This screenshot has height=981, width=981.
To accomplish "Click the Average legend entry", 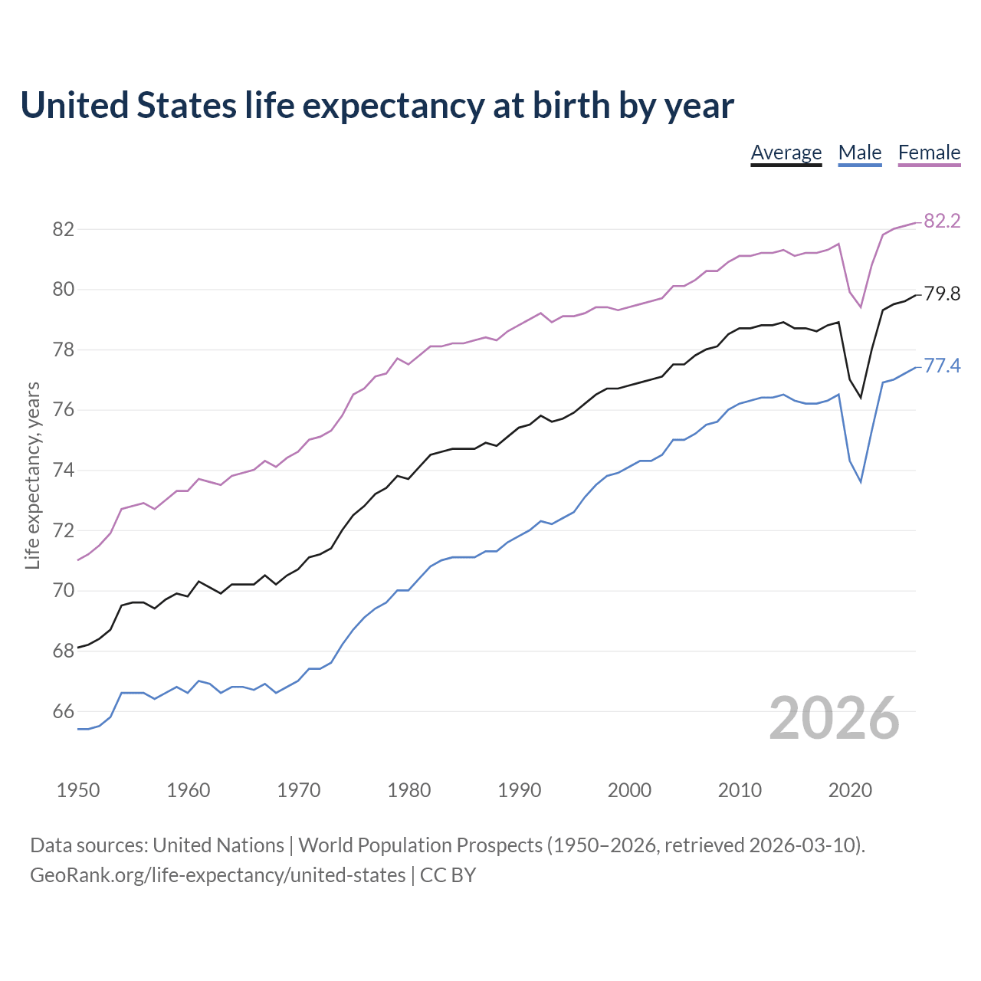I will click(786, 153).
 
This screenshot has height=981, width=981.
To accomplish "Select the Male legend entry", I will click(859, 153).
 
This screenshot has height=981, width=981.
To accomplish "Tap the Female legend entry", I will click(929, 153).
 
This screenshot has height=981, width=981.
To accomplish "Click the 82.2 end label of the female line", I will click(942, 221).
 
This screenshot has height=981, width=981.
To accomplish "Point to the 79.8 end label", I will click(942, 294).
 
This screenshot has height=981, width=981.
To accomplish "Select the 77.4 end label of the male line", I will click(942, 366).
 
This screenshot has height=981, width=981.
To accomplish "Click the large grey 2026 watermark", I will click(834, 718).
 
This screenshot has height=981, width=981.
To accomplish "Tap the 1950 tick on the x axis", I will click(78, 790).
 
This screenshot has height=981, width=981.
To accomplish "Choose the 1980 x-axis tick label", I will click(408, 790).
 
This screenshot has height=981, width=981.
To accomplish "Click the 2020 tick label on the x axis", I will click(850, 790).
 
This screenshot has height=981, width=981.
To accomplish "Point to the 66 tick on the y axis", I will click(64, 711).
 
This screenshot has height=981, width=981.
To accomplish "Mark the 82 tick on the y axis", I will click(64, 229).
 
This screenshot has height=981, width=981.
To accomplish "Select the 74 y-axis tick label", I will click(64, 470).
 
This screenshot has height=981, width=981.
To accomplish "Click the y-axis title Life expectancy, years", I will click(32, 475).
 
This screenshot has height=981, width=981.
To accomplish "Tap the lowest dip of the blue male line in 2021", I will click(861, 481).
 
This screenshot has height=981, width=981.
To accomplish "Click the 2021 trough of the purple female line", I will click(861, 307).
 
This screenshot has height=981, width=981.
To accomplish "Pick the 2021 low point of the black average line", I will click(861, 397).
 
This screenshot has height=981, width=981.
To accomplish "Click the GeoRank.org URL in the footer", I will click(218, 874).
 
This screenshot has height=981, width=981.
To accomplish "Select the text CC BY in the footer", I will click(448, 874).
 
